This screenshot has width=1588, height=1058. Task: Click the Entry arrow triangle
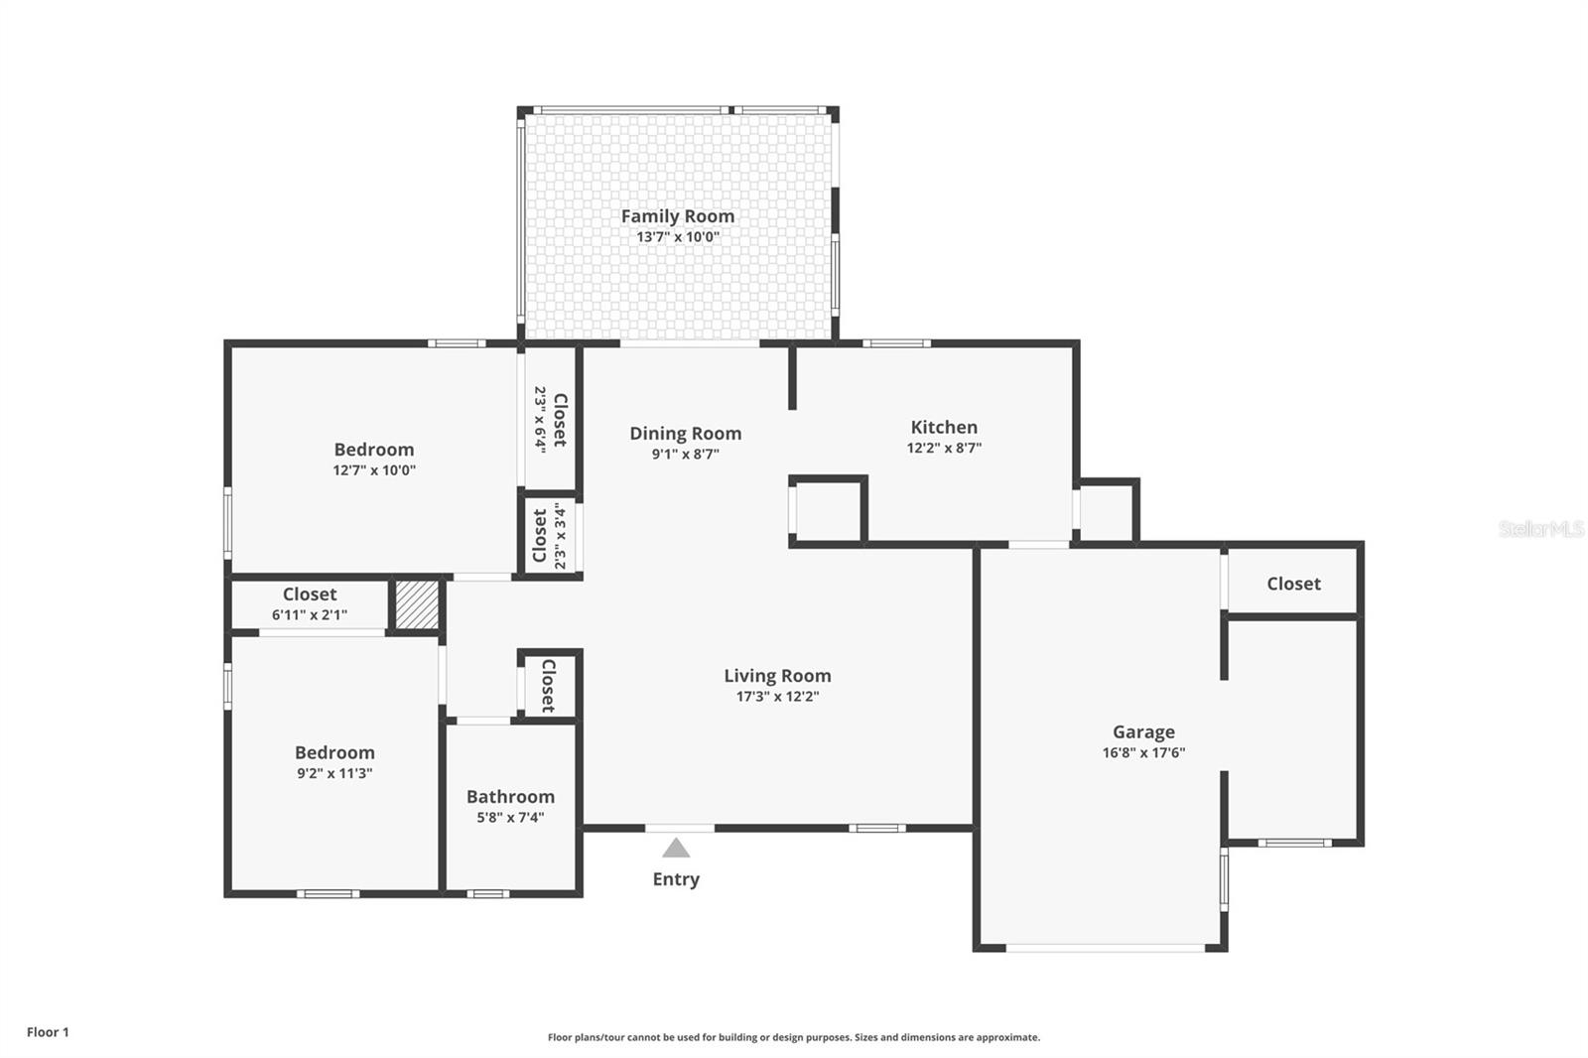tap(676, 848)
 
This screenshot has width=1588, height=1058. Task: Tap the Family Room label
tap(678, 215)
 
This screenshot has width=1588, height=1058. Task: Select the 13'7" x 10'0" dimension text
tap(678, 237)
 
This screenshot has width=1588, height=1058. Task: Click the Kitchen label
tap(944, 427)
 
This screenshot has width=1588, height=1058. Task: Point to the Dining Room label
tap(685, 433)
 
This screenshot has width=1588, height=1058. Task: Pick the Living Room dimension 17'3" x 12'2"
tap(777, 697)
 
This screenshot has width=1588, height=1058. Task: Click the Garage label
tap(1143, 731)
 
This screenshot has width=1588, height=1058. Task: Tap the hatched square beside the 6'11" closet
tap(417, 604)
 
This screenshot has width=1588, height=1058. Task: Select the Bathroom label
tap(510, 796)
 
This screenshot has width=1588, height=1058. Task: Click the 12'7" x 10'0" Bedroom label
tap(373, 450)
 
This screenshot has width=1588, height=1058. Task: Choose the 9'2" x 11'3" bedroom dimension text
tap(334, 774)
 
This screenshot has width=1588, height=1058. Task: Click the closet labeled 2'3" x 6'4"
tap(550, 419)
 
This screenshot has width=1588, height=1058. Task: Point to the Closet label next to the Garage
tap(1293, 584)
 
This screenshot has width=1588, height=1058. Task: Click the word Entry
tap(676, 879)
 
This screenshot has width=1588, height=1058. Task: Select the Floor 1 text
tap(48, 1032)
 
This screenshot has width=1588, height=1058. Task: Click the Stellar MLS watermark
tap(1540, 529)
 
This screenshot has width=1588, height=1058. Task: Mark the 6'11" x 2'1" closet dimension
tap(310, 615)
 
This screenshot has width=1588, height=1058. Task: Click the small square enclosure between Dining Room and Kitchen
tap(828, 511)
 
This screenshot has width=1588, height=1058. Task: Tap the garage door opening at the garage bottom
tap(1105, 948)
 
